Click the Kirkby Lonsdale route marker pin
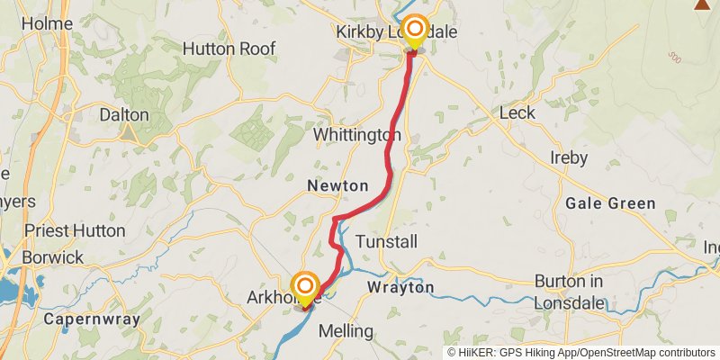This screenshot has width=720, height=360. pyautogui.click(x=414, y=31)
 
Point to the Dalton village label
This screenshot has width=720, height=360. pyautogui.click(x=123, y=115)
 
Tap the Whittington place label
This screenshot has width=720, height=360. pyautogui.click(x=356, y=134)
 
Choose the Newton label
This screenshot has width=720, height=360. pyautogui.click(x=337, y=185)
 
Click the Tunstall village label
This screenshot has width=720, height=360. pyautogui.click(x=387, y=242)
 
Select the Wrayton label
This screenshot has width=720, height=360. pyautogui.click(x=400, y=287)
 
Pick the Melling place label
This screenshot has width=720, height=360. pyautogui.click(x=346, y=330)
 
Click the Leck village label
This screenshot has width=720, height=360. pyautogui.click(x=517, y=112)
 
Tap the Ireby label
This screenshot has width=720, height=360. pyautogui.click(x=568, y=157)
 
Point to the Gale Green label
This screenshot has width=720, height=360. pyautogui.click(x=610, y=203)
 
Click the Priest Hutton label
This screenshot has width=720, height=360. pyautogui.click(x=75, y=230)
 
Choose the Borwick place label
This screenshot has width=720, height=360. pyautogui.click(x=54, y=257)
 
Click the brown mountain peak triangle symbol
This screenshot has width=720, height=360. pyautogui.click(x=702, y=4)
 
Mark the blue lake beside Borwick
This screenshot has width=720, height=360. pyautogui.click(x=9, y=288)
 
